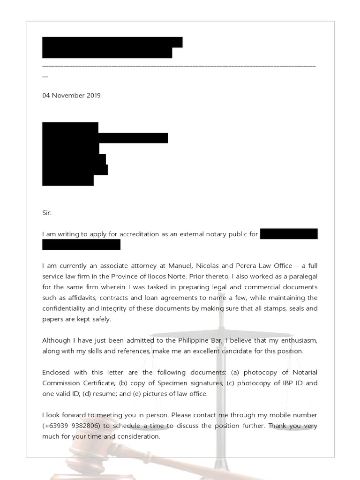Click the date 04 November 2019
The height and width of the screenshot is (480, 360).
(71, 96)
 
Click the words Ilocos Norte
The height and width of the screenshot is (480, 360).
(177, 277)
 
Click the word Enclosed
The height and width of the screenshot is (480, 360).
(56, 372)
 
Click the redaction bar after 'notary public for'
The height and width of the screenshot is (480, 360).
(289, 234)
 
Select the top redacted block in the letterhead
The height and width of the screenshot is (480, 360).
(112, 42)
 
